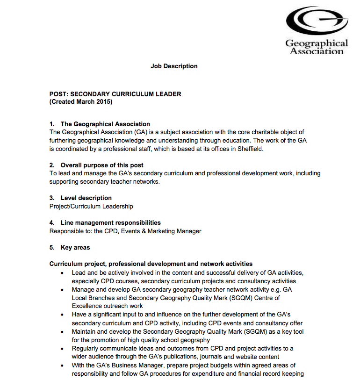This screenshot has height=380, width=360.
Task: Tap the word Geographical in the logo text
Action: (x=317, y=43)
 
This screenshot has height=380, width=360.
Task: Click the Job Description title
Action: (x=174, y=66)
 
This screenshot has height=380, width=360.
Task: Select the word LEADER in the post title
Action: (x=168, y=94)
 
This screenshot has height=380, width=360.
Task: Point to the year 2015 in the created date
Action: (x=104, y=101)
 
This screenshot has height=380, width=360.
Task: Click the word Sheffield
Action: (x=250, y=149)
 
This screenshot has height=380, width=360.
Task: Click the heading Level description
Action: (x=86, y=198)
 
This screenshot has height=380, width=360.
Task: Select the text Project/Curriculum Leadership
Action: (x=91, y=206)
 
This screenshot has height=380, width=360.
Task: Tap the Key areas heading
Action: (x=75, y=247)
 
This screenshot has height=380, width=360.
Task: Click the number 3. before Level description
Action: (x=52, y=198)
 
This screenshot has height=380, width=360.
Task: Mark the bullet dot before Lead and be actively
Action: (x=63, y=272)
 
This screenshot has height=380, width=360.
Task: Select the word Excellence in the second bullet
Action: (x=87, y=306)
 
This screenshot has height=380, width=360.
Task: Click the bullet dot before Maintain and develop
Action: (x=63, y=331)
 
